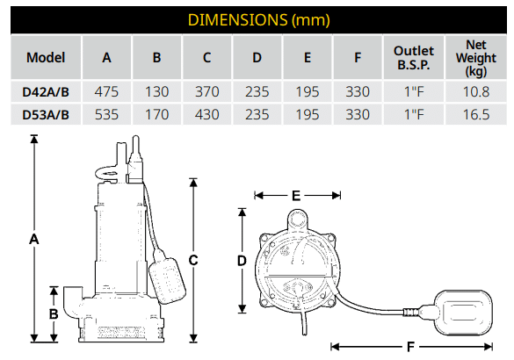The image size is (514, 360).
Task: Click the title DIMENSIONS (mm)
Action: tap(258, 20)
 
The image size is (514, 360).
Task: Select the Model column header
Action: tap(46, 58)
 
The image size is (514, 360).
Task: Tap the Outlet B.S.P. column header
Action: tap(414, 58)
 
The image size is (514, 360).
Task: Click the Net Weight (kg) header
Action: tap(476, 58)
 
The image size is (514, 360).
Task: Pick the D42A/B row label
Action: tap(46, 92)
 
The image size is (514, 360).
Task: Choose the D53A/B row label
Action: tap(46, 115)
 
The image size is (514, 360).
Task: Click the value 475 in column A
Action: tap(106, 91)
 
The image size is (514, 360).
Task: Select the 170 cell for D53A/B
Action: tap(156, 115)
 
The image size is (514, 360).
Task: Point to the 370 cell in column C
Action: tap(206, 91)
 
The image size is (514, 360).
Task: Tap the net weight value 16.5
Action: tap(476, 115)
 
